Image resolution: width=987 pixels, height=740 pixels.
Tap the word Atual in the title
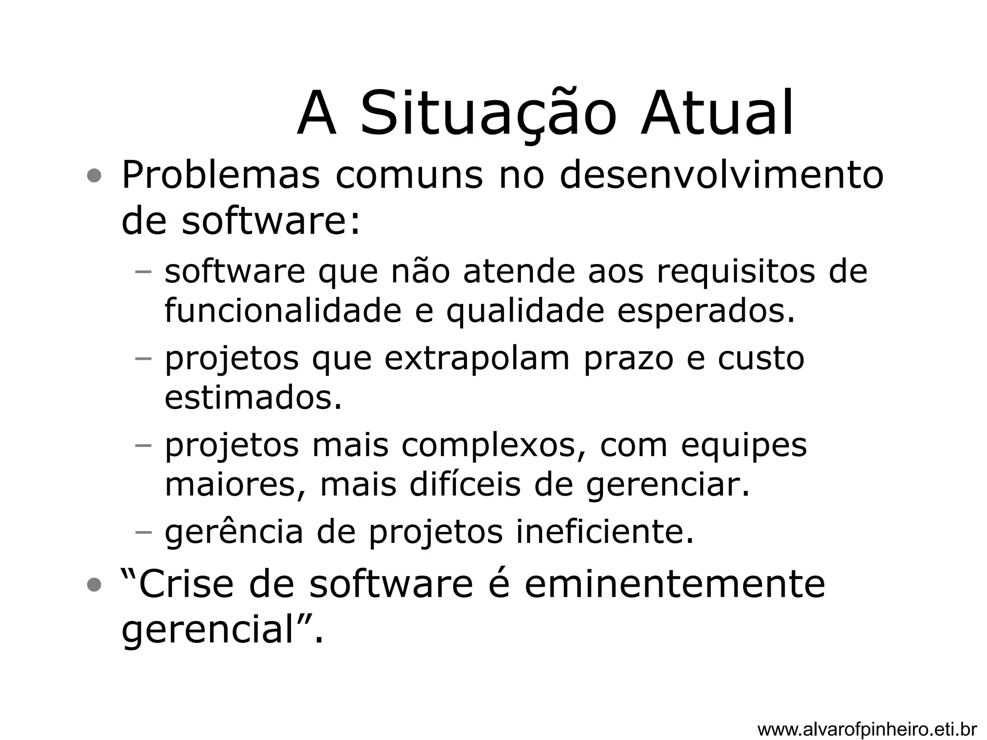[x=717, y=114]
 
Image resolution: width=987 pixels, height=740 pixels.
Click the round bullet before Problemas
[x=94, y=176]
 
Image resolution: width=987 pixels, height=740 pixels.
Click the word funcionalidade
[x=283, y=311]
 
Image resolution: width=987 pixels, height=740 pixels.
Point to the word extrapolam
[x=477, y=359]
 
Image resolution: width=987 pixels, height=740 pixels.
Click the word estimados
[x=253, y=398]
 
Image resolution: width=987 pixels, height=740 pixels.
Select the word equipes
[x=744, y=446]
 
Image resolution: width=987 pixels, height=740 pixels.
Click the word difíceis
[x=465, y=485]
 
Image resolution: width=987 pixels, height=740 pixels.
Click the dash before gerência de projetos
[x=143, y=532]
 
